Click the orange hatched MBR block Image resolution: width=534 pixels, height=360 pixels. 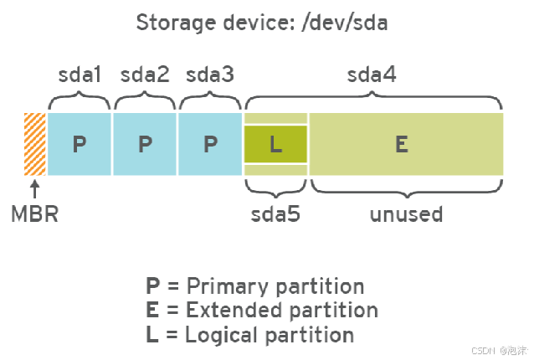click(x=35, y=143)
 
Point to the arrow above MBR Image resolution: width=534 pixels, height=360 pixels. click(x=35, y=188)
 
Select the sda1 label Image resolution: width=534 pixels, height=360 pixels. click(x=80, y=75)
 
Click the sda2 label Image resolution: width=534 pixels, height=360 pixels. click(x=145, y=75)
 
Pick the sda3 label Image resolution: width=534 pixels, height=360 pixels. click(x=209, y=75)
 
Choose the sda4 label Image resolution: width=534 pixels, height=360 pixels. click(x=372, y=75)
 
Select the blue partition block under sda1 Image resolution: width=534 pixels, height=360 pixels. click(x=80, y=143)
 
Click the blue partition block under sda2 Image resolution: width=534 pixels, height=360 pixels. click(x=145, y=143)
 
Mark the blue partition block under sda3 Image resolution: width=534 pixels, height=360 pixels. click(x=210, y=143)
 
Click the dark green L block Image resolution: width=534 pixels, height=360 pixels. click(x=275, y=144)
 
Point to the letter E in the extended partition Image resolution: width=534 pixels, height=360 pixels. click(x=402, y=144)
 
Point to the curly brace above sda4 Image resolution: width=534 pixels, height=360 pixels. click(x=373, y=100)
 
